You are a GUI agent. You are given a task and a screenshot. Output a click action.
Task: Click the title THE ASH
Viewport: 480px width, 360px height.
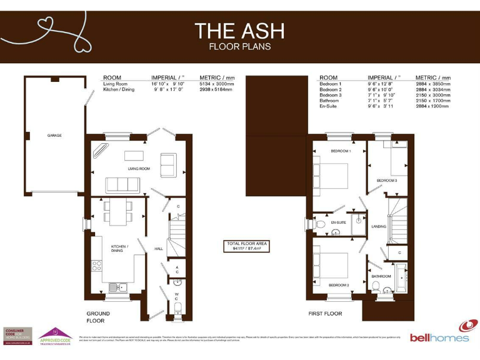(239, 30)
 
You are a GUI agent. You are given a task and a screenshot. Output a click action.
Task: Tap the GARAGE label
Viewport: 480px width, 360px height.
(54, 135)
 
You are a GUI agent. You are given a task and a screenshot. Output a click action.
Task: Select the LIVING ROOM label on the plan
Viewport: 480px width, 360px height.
(139, 169)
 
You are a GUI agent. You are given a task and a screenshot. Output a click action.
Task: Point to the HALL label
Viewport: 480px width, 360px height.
(159, 249)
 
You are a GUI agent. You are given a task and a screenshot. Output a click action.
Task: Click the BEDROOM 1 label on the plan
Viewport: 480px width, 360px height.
(341, 151)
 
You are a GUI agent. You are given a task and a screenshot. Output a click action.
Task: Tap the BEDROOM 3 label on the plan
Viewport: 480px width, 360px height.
(386, 181)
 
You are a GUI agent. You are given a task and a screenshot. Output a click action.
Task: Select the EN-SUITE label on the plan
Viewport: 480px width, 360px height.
(339, 222)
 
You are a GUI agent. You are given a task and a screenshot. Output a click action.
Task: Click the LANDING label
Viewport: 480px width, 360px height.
(379, 226)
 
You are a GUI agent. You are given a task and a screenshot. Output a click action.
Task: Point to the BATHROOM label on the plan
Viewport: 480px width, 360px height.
(381, 276)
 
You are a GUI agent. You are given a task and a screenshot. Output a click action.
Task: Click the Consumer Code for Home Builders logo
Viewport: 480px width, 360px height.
(18, 336)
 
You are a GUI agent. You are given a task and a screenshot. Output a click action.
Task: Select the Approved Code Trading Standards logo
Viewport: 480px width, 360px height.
(56, 336)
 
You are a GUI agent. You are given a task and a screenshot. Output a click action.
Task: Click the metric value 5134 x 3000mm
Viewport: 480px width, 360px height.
(217, 83)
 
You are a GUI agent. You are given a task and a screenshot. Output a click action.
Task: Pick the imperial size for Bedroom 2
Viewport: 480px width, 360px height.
(381, 89)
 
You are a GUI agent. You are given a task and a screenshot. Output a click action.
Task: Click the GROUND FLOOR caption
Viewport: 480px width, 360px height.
(98, 317)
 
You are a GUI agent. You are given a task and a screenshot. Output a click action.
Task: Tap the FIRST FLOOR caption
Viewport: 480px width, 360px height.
(325, 314)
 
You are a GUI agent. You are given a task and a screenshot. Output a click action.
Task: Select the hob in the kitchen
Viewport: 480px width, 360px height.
(97, 267)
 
